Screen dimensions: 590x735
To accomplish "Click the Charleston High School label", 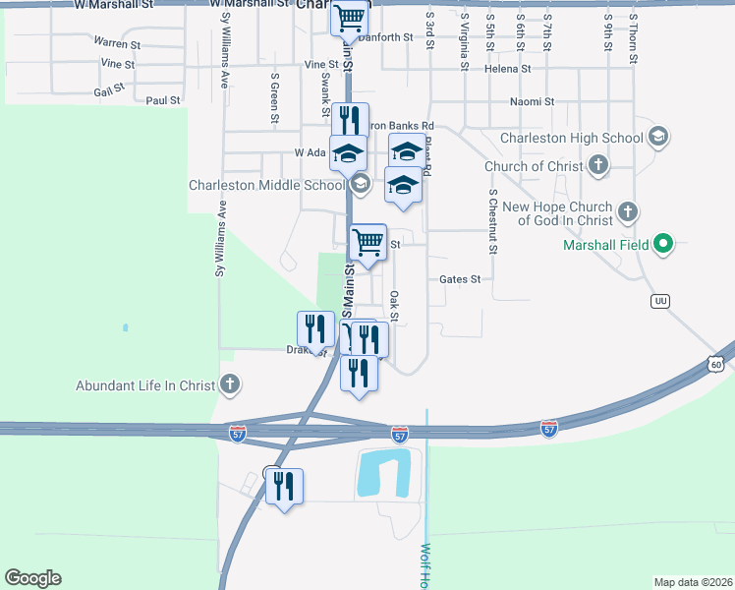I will pos(570,139).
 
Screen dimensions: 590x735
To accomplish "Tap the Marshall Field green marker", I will pos(663,244).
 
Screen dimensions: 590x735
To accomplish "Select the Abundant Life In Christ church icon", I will pos(229,384).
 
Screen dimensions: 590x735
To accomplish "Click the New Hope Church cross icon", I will pos(627,211).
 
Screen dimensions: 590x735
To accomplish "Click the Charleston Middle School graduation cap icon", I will pos(360,183).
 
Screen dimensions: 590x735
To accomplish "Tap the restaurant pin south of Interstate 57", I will pos(284,485).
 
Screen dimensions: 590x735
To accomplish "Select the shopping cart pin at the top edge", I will pos(349,17).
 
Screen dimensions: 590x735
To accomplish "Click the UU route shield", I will pos(660,301).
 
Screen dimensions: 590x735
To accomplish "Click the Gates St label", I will pos(460,279).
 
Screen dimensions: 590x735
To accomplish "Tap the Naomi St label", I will pos(534,101).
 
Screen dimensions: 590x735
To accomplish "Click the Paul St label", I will pos(163,100).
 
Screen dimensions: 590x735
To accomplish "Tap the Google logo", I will pos(32,578).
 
